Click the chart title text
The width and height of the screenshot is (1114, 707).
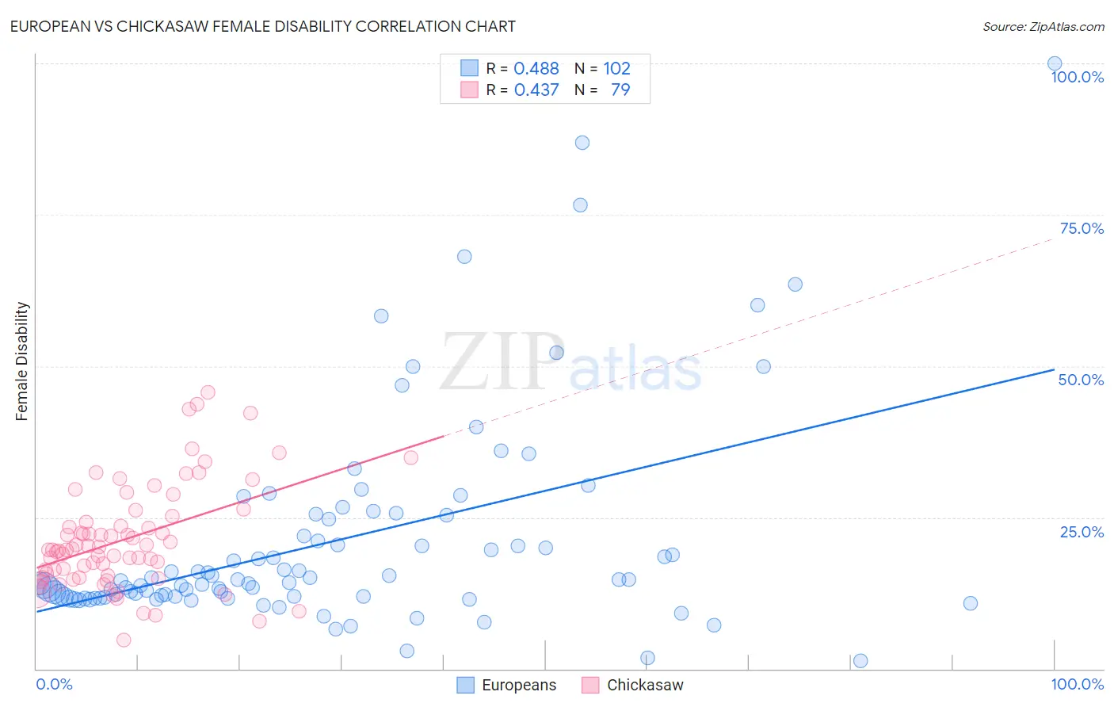[262, 27]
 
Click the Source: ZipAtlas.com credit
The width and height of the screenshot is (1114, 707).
[1043, 27]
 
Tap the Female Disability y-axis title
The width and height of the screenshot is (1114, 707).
[22, 361]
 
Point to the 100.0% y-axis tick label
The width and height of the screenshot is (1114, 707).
[1077, 78]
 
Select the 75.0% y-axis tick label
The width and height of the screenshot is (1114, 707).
[1082, 229]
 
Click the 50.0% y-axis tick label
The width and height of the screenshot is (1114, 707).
[1081, 380]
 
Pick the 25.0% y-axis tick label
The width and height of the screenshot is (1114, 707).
[1082, 532]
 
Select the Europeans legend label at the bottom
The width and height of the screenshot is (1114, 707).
[519, 686]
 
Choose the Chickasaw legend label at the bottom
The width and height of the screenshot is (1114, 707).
[645, 686]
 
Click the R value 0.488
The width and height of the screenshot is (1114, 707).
[536, 69]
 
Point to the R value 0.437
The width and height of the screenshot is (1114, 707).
[536, 90]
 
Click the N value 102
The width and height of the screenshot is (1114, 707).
[616, 69]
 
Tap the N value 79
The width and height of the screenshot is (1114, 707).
[620, 90]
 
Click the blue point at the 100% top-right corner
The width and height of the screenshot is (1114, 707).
[1055, 64]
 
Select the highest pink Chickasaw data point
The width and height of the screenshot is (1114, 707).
[208, 392]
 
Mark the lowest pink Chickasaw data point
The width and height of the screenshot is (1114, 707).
[124, 640]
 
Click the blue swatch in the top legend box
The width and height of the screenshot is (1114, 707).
[470, 68]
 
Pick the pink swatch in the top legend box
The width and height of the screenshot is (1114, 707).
[470, 90]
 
